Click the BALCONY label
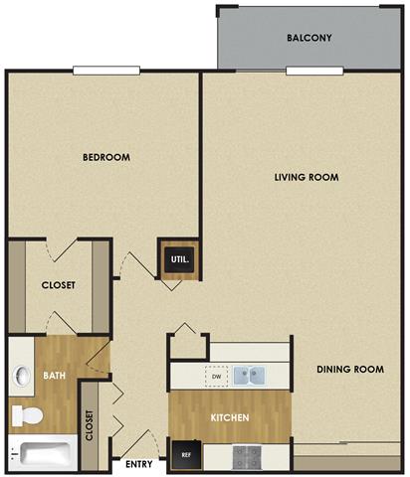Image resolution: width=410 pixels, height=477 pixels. click(x=308, y=39)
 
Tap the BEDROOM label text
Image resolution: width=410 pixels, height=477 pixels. click(x=106, y=157)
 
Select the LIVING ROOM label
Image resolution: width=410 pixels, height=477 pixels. click(x=307, y=178)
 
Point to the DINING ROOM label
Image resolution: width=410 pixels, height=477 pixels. click(x=350, y=370)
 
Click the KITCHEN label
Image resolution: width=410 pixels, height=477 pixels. click(x=229, y=417)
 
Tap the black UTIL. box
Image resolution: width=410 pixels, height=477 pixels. click(x=179, y=261)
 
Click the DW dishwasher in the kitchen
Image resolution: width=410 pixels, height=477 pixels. click(x=215, y=377)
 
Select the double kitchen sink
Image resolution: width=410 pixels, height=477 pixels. click(x=250, y=376)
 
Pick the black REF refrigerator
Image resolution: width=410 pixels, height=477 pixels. click(x=185, y=454)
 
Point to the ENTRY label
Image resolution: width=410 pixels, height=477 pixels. click(x=139, y=463)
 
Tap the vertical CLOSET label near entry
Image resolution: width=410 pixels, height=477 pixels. click(x=90, y=424)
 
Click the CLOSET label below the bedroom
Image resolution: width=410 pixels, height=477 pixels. click(x=59, y=285)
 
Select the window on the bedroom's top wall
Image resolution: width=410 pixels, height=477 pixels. click(x=104, y=71)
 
